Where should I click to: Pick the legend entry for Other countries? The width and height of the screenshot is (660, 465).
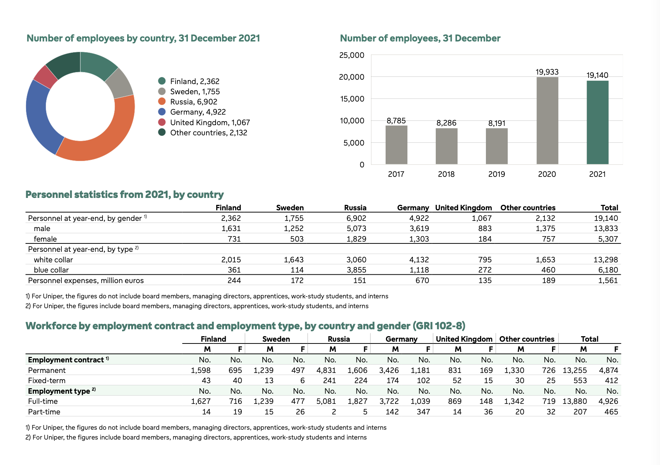203,133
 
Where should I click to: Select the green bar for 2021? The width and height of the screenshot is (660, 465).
597,122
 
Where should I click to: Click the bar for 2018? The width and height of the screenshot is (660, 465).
447,146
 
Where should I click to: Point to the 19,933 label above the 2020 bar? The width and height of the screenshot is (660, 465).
547,72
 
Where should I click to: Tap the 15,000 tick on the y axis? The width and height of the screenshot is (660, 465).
352,99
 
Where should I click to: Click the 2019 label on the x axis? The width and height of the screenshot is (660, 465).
497,174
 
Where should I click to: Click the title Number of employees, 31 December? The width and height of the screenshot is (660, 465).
420,38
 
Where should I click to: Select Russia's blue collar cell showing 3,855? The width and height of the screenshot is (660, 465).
356,270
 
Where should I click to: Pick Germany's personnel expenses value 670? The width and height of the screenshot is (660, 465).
422,281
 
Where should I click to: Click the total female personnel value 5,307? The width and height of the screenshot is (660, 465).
608,239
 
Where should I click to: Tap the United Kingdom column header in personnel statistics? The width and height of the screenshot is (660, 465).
463,208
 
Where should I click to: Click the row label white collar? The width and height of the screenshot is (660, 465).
53,260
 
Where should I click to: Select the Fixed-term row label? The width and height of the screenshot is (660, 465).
47,381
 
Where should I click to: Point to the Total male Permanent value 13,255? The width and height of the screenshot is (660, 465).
575,370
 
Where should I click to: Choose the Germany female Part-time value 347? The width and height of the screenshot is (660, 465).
423,412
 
